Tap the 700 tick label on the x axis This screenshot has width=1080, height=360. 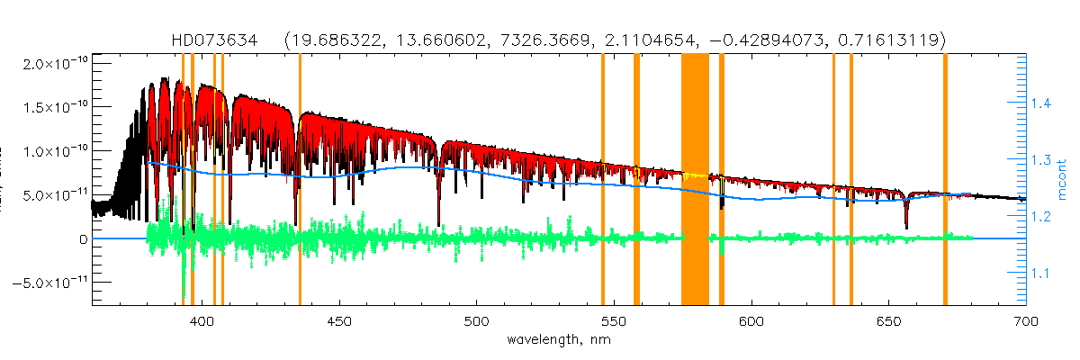1025,321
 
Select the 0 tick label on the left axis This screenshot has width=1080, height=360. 82,239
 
